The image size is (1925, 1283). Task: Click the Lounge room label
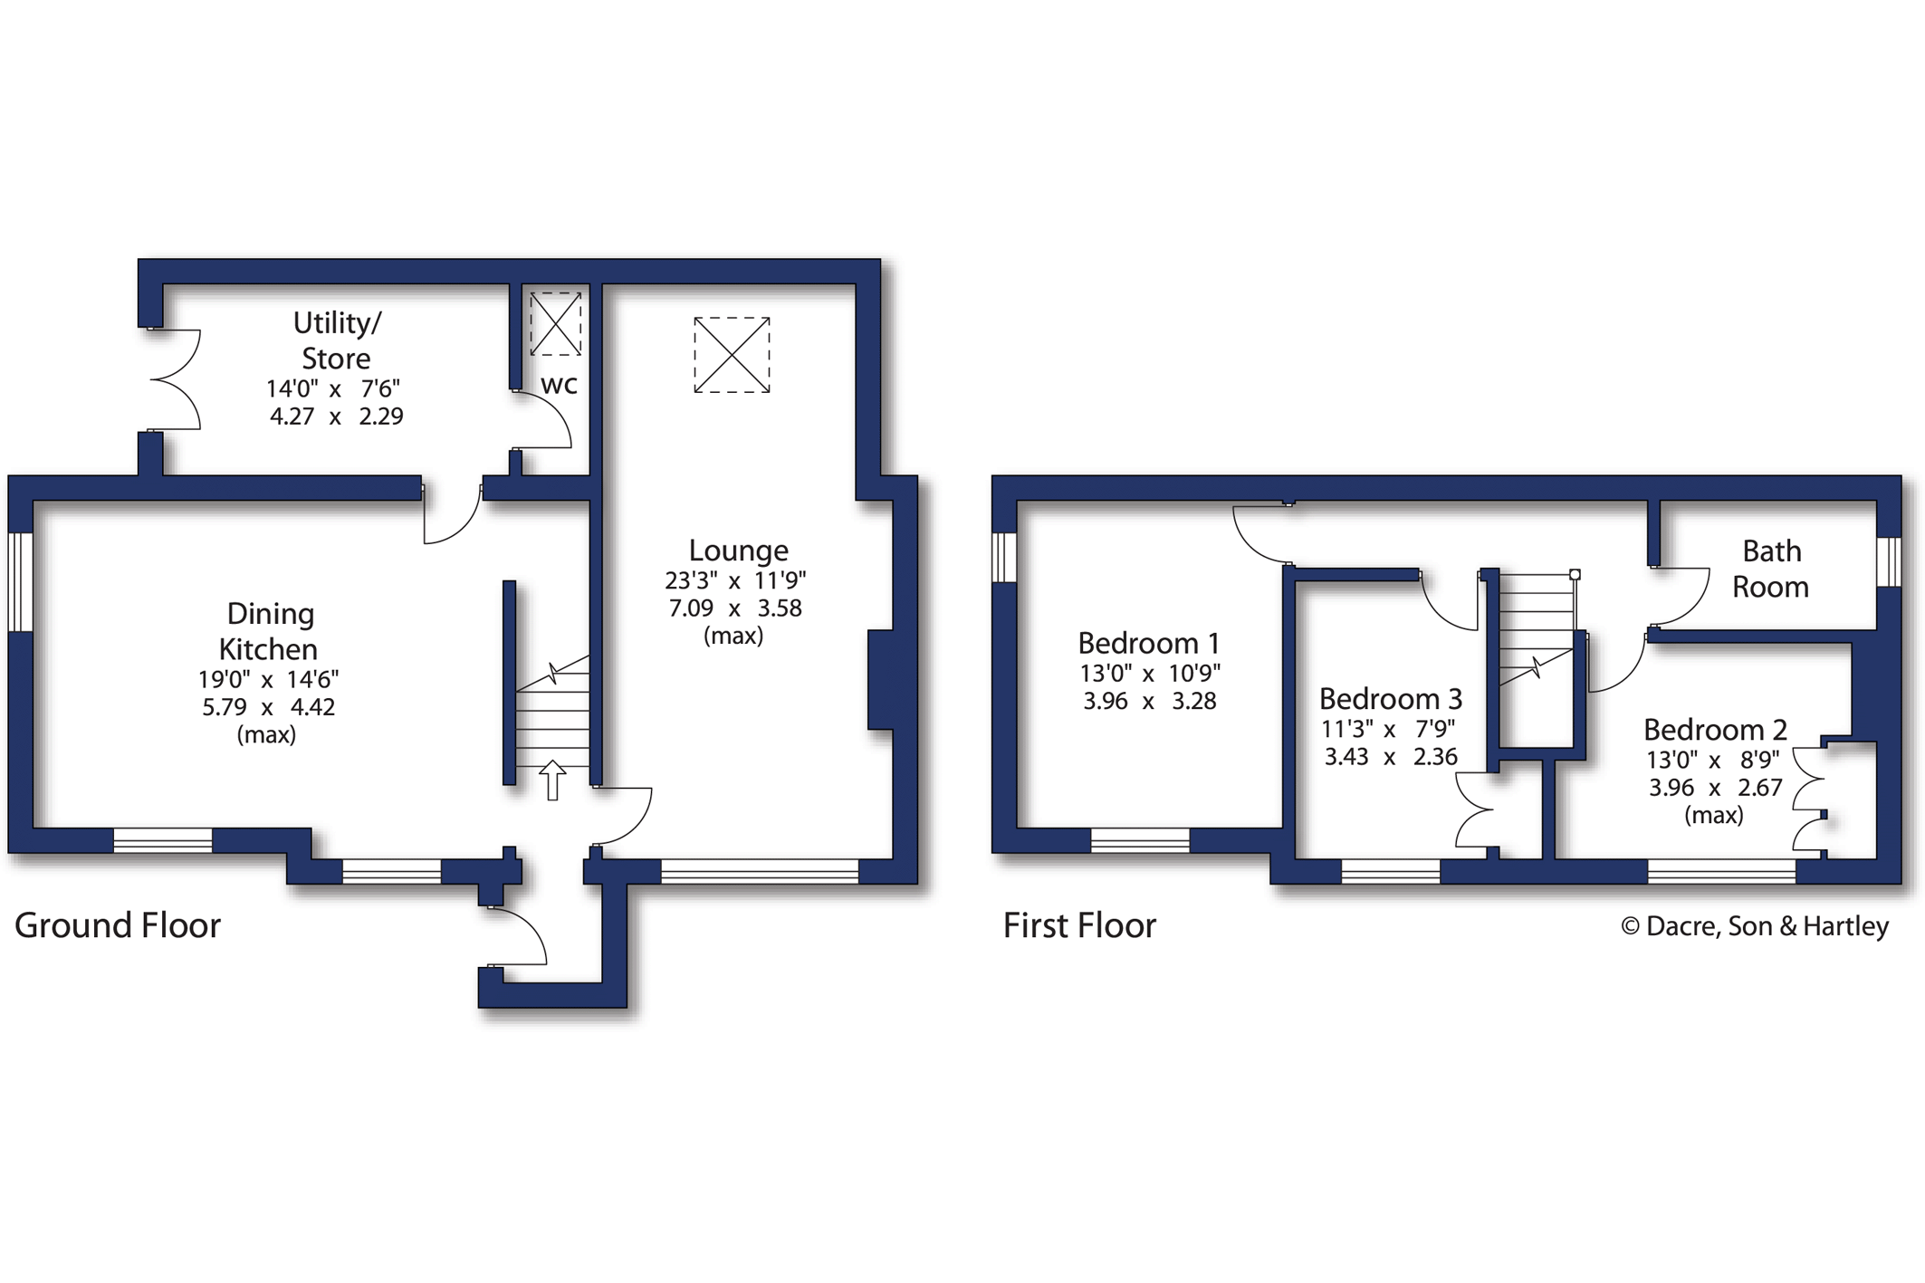(738, 551)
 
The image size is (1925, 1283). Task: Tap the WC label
(559, 386)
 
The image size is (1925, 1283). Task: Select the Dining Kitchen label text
(269, 631)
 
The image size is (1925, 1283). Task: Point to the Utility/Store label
(337, 340)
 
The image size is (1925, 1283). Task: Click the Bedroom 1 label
(1148, 644)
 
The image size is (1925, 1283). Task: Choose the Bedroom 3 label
(1390, 699)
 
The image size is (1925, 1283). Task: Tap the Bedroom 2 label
(1715, 730)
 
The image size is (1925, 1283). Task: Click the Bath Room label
(1771, 569)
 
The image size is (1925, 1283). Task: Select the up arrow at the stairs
(552, 780)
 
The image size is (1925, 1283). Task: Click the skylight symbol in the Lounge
(732, 355)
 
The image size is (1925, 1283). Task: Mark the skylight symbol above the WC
(555, 323)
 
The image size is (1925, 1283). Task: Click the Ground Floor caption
(118, 925)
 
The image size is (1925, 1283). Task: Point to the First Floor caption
(1079, 925)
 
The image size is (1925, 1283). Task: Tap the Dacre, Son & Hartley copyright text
(1754, 926)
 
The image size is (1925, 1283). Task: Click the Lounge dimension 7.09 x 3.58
(735, 608)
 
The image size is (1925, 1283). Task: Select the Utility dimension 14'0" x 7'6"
(333, 388)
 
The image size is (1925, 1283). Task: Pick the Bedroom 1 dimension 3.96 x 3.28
(1150, 701)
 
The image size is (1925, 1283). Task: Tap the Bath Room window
(1889, 561)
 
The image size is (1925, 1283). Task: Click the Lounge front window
(760, 871)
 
